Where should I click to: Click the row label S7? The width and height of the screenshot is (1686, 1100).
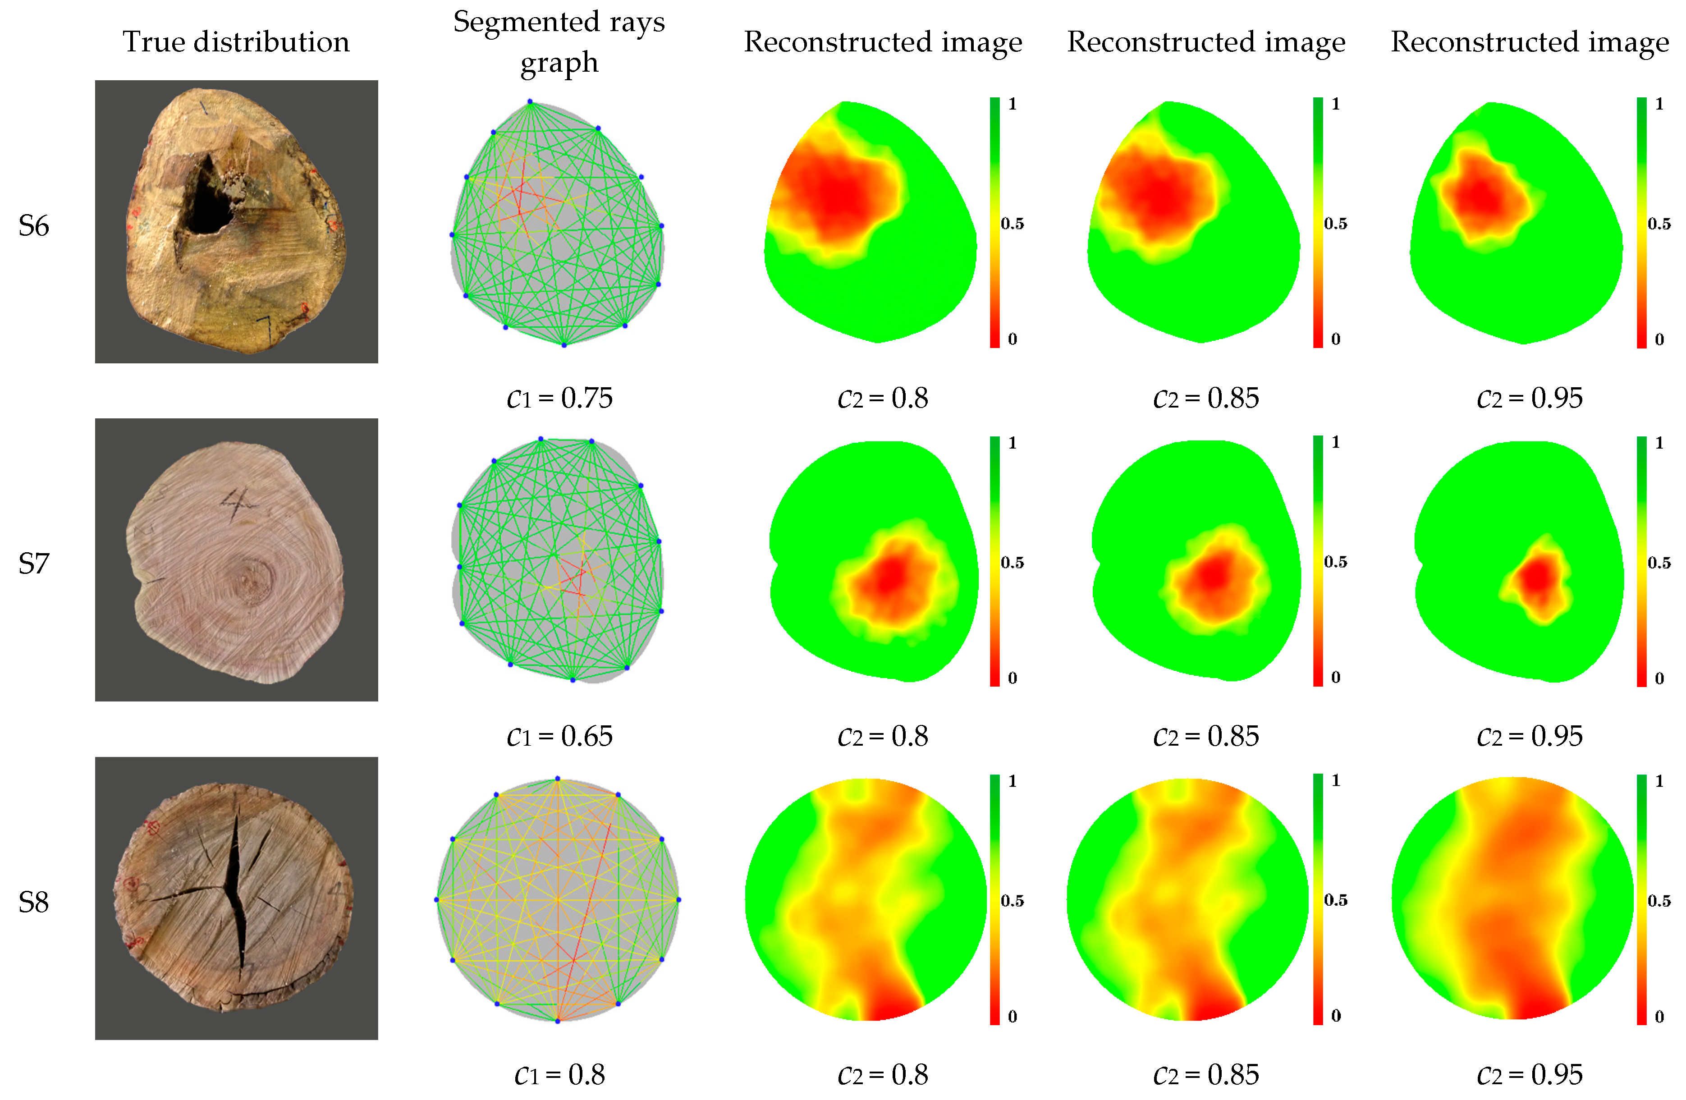[x=33, y=564]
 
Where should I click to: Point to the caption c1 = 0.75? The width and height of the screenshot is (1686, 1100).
[x=559, y=398]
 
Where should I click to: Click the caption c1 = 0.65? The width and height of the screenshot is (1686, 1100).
[x=559, y=736]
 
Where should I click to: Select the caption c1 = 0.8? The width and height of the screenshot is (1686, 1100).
[x=559, y=1074]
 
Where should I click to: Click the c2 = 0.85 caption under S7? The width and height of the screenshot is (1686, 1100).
[x=1206, y=736]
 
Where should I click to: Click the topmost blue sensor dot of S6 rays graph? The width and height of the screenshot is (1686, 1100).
[x=530, y=102]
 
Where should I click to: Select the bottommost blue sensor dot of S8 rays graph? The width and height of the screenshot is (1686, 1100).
[x=558, y=1021]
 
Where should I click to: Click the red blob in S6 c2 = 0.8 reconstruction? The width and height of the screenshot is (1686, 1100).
[x=836, y=195]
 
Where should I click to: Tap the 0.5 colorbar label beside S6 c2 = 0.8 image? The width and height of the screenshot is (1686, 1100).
[x=1012, y=224]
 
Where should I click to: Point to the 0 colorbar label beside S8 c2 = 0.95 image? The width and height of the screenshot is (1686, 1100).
[x=1659, y=1017]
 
